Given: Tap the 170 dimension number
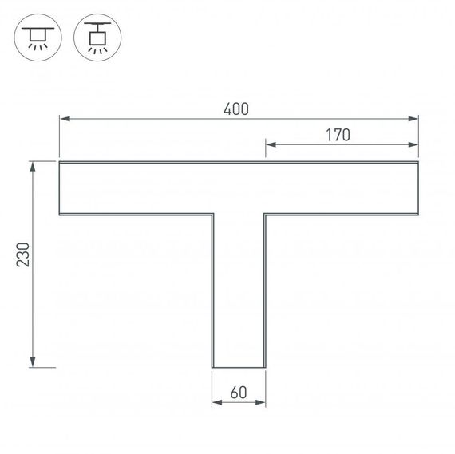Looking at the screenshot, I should pyautogui.click(x=338, y=135).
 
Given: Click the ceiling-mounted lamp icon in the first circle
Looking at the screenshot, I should pyautogui.click(x=38, y=38).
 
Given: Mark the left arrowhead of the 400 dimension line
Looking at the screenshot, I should pyautogui.click(x=64, y=120).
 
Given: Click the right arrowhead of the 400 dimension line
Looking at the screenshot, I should pyautogui.click(x=413, y=120).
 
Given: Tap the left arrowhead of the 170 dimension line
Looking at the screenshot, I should pyautogui.click(x=270, y=145).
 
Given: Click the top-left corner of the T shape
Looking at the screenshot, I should pyautogui.click(x=60, y=162).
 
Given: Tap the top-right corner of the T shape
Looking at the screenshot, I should pyautogui.click(x=418, y=162).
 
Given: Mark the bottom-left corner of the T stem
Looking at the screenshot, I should pyautogui.click(x=212, y=368).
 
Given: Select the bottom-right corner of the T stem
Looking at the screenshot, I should pyautogui.click(x=265, y=368).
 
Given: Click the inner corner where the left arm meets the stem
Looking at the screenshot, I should pyautogui.click(x=212, y=215).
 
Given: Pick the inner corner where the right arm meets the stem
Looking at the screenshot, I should pyautogui.click(x=265, y=215).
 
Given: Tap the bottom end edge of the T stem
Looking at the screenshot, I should pyautogui.click(x=238, y=368).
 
